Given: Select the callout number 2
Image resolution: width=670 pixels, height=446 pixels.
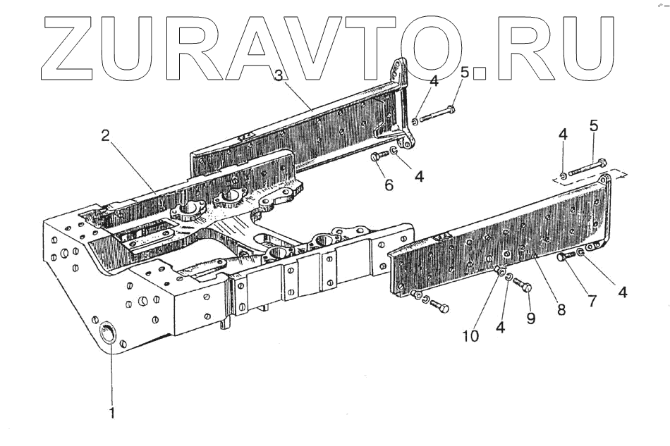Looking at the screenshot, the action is (x=105, y=137).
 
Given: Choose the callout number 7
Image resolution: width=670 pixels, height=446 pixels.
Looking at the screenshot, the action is (x=591, y=301).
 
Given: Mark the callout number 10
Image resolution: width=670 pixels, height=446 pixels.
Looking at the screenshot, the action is (x=470, y=335).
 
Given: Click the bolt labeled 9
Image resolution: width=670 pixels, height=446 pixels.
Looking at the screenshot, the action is (x=524, y=286).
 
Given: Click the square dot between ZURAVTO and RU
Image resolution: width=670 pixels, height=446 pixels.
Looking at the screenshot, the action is (x=480, y=70).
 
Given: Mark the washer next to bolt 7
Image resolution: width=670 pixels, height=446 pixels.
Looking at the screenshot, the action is (x=580, y=252).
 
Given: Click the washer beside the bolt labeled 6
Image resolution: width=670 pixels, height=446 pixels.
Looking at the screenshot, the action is (x=395, y=151).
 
